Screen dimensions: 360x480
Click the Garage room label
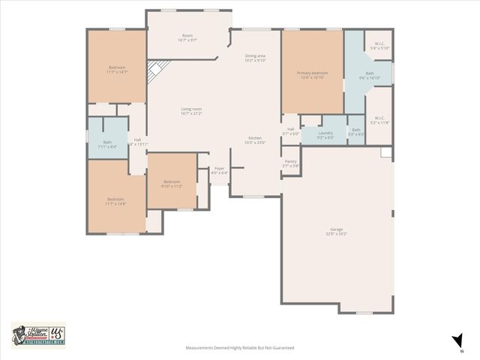[x=336, y=229]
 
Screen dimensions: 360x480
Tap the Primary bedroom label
[x=314, y=73]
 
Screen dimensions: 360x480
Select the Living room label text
[x=191, y=109]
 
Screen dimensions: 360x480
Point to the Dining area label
[x=256, y=56]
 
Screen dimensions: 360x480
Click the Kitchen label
[x=256, y=137]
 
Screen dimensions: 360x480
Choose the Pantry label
[x=290, y=160]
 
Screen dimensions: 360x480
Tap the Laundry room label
[x=325, y=133]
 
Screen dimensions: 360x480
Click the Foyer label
[x=219, y=168]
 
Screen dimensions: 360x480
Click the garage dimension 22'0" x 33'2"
[x=336, y=234]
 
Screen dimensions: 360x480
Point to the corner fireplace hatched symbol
[x=154, y=73]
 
